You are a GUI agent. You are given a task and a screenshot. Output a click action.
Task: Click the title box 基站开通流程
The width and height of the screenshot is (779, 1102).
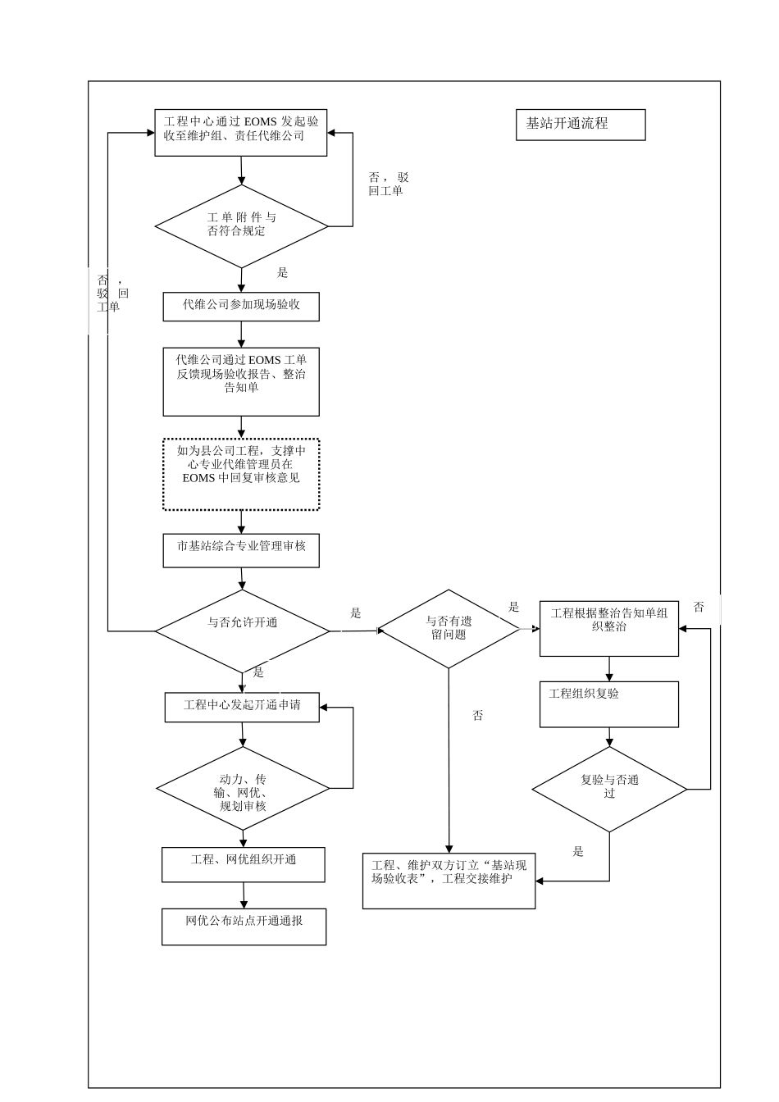[580, 125]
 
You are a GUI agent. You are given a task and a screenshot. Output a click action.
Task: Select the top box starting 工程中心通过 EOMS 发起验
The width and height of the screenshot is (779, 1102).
[241, 133]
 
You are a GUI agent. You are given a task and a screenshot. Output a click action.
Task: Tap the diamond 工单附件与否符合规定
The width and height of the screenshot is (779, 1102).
[241, 225]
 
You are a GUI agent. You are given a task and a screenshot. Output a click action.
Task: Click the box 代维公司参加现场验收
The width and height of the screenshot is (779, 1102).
[241, 306]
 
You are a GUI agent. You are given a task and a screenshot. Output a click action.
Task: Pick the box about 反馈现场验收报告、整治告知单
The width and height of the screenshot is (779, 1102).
[241, 381]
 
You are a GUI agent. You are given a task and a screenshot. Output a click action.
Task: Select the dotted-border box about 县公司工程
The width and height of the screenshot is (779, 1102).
[241, 474]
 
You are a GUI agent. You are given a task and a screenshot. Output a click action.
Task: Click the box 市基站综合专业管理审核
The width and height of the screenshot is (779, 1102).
[241, 551]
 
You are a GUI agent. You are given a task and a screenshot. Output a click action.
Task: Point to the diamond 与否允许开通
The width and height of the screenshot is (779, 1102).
[242, 630]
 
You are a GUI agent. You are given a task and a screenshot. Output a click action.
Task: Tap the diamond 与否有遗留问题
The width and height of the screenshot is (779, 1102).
[449, 629]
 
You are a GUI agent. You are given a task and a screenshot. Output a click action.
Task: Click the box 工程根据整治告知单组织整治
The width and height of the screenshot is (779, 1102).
[608, 628]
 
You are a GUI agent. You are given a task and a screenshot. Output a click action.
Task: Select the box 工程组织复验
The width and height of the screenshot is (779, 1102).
[608, 704]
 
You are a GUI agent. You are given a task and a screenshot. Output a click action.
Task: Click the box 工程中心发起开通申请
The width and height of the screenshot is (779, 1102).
[242, 707]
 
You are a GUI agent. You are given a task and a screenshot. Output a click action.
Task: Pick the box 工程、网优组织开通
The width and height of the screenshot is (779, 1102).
[244, 865]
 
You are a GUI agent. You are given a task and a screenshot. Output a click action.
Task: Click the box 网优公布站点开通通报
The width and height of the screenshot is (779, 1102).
[244, 927]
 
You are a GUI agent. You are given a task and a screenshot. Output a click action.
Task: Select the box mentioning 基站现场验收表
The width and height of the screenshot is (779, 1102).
[449, 881]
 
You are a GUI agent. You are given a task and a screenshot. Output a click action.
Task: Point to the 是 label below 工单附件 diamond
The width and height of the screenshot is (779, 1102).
[283, 273]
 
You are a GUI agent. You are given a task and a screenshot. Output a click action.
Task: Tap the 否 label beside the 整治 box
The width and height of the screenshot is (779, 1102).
[699, 608]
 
